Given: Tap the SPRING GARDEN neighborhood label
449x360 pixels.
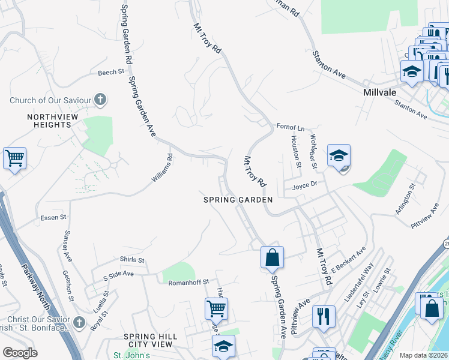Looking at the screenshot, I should [238, 200].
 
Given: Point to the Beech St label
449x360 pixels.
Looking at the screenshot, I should [111, 72].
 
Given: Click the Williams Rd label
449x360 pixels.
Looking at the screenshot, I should [161, 169].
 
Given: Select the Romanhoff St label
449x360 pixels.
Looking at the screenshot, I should [188, 282].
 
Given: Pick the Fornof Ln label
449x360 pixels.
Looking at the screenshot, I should [291, 127].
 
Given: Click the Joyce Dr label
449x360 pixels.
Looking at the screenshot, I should [304, 186].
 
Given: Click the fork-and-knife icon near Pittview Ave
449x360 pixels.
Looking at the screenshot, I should [324, 316].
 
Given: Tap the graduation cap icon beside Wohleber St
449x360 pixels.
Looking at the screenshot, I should [339, 156].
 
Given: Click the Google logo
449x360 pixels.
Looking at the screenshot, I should [20, 353].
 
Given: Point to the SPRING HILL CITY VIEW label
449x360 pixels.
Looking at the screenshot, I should [148, 340].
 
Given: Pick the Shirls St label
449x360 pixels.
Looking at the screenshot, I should [132, 260].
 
